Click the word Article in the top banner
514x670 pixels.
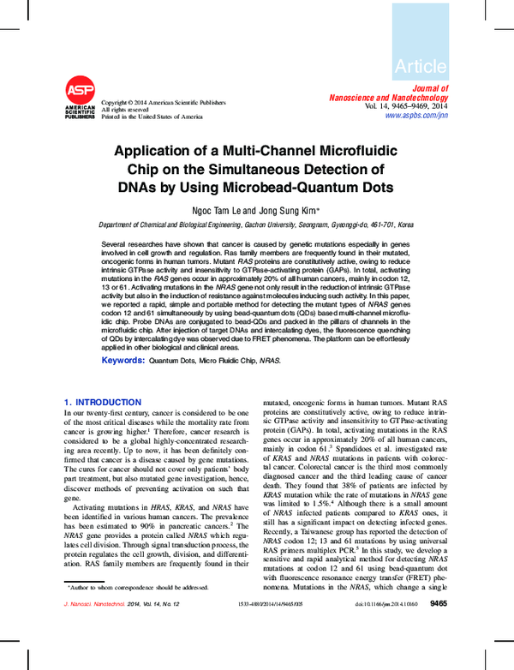pyautogui.click(x=421, y=66)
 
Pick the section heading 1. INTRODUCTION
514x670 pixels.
pyautogui.click(x=103, y=402)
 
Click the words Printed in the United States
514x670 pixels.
pyautogui.click(x=152, y=117)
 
